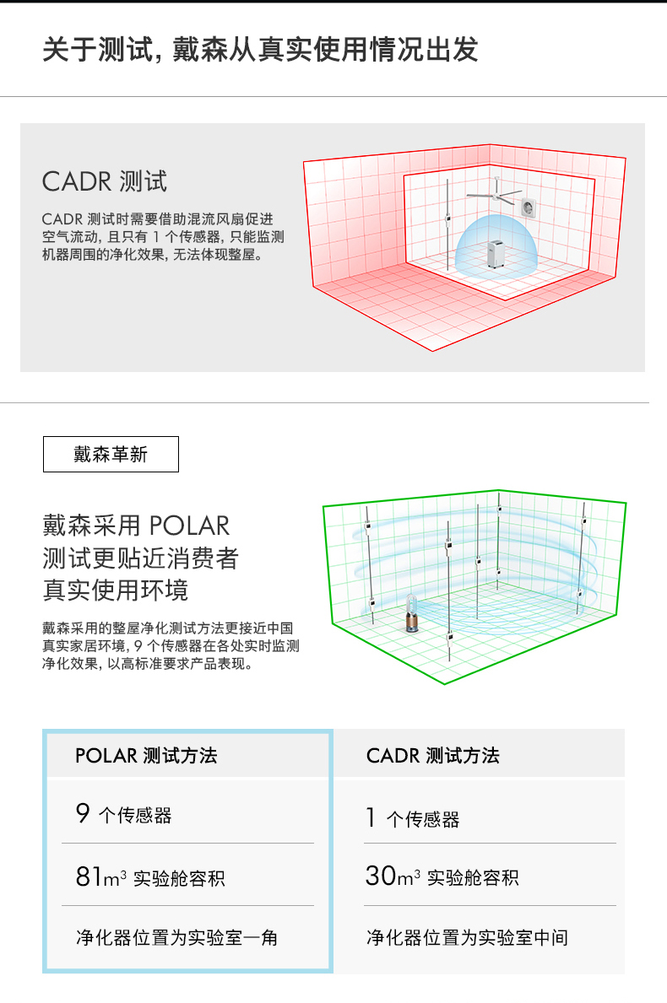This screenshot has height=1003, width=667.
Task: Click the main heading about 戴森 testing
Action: tap(260, 50)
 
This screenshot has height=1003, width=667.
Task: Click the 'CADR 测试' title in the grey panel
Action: tap(105, 181)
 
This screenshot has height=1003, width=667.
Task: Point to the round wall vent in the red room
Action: tap(530, 206)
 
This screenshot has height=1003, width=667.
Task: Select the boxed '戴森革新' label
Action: tap(111, 454)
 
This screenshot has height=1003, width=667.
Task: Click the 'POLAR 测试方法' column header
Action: tap(146, 755)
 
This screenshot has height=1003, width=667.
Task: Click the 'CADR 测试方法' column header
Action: tap(432, 755)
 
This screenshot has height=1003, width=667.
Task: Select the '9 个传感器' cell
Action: tap(123, 815)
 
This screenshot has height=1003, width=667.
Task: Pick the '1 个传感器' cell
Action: tap(413, 818)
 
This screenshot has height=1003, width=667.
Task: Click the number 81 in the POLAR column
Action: tap(89, 877)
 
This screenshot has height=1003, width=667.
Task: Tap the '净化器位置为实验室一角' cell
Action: tap(176, 937)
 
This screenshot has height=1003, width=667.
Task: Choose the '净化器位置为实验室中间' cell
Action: tap(467, 937)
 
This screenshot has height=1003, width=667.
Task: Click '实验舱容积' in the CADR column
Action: tap(473, 877)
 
